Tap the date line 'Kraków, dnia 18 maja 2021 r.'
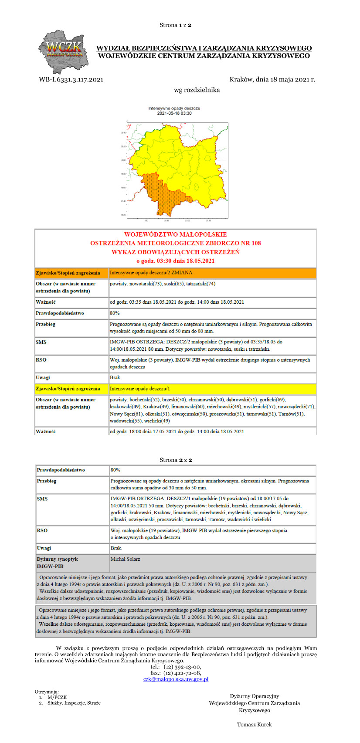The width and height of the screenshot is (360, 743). tap(272, 79)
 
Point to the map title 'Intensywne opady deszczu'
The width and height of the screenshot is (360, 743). tap(174, 108)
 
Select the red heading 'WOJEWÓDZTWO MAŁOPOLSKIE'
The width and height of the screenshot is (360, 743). tap(175, 234)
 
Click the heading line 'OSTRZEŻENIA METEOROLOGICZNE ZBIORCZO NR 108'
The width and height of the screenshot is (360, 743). tap(175, 243)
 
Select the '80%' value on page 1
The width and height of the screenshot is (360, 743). tap(115, 313)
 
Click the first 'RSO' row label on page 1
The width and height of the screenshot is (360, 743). tap(41, 360)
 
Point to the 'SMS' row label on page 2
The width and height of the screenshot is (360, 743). tap(42, 499)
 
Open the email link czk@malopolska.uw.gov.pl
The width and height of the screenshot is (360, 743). tap(176, 679)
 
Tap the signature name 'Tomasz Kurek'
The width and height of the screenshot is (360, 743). tap(254, 724)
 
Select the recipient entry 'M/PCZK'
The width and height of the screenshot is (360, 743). tap(57, 697)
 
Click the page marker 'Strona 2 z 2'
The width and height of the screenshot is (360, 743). tap(176, 460)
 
